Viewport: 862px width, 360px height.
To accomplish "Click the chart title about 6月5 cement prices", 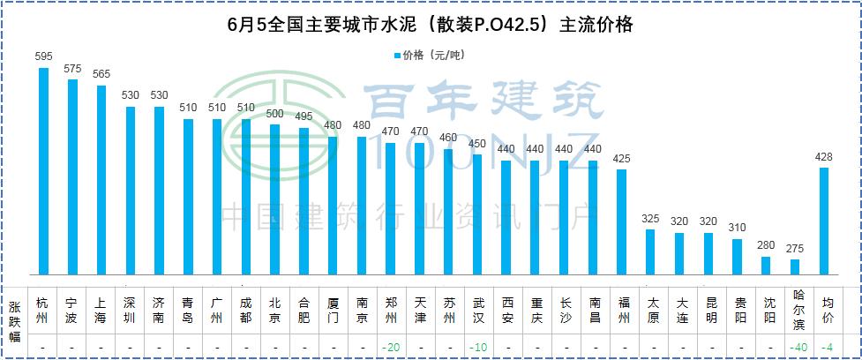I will pos(430,26).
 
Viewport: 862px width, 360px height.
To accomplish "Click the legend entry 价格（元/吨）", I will pos(428,56).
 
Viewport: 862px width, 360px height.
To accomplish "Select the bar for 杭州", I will pos(44,171).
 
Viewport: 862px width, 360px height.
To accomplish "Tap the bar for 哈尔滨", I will pos(795,266).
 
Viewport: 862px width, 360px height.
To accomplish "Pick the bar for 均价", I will pos(824,221).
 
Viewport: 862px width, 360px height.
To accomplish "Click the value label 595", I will pos(44,56).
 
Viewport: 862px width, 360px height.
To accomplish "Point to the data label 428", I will pos(824,156).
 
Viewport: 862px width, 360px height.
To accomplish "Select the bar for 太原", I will pos(650,251).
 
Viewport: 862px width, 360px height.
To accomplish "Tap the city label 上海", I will pos(101,310).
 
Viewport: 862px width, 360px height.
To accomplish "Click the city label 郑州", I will pos(391,310).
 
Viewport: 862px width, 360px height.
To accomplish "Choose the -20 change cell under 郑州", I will pos(391,349).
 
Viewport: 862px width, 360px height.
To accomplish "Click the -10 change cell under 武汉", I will pos(477,349).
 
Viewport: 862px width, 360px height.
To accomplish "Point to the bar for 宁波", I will pos(73,176).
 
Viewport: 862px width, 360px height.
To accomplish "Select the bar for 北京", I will pos(275,199).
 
